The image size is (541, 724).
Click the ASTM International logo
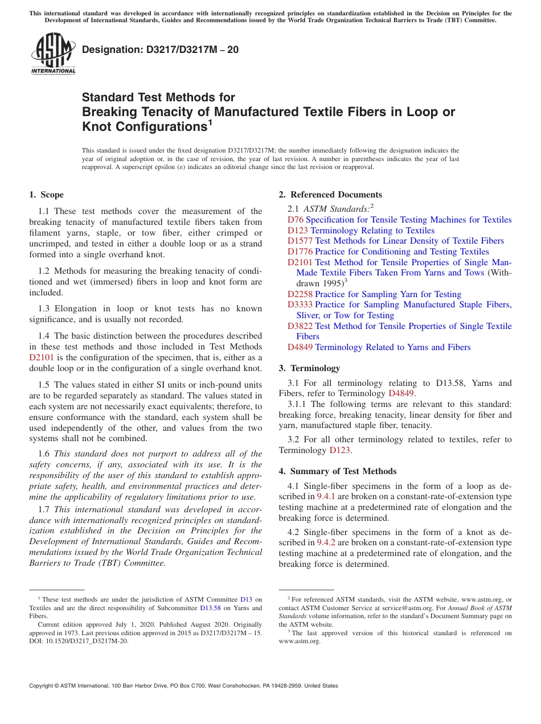pos(53,54)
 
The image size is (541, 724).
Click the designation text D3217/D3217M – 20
pos(160,50)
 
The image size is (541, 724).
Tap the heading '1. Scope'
pos(47,195)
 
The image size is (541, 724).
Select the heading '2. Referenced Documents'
pos(330,195)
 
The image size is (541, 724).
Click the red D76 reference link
pos(296,220)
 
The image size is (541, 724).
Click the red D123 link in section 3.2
pos(339,450)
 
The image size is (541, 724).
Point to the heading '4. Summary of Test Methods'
pos(338,471)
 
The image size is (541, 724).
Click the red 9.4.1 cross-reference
pos(326,497)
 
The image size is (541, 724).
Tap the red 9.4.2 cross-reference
pos(326,543)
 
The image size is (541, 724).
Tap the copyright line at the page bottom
pos(183,686)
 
